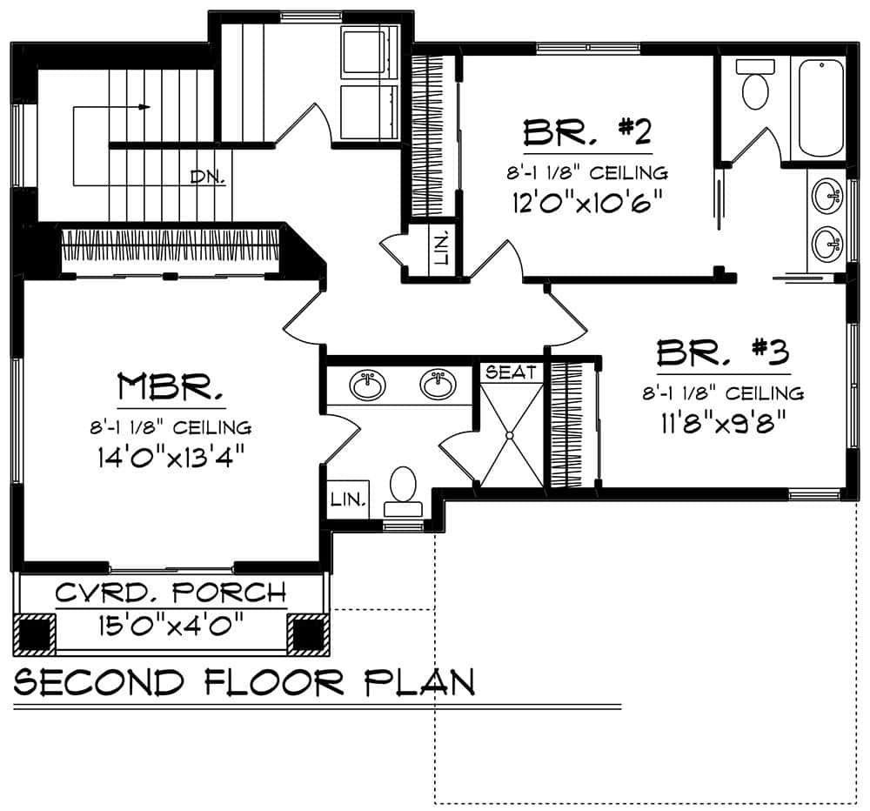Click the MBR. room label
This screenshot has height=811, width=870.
[x=171, y=386]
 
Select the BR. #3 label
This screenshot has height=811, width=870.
[x=722, y=353]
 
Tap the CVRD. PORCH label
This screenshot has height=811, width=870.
[x=171, y=593]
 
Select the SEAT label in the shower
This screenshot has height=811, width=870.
[x=511, y=372]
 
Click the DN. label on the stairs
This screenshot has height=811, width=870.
[x=209, y=178]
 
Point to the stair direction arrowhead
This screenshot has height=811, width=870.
[x=145, y=107]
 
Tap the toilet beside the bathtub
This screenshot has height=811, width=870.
[x=753, y=85]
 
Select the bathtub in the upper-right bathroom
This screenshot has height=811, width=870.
[x=820, y=108]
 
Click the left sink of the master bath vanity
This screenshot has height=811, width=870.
[x=369, y=385]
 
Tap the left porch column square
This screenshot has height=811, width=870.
[x=35, y=633]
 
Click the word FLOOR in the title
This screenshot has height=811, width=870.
[x=281, y=681]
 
